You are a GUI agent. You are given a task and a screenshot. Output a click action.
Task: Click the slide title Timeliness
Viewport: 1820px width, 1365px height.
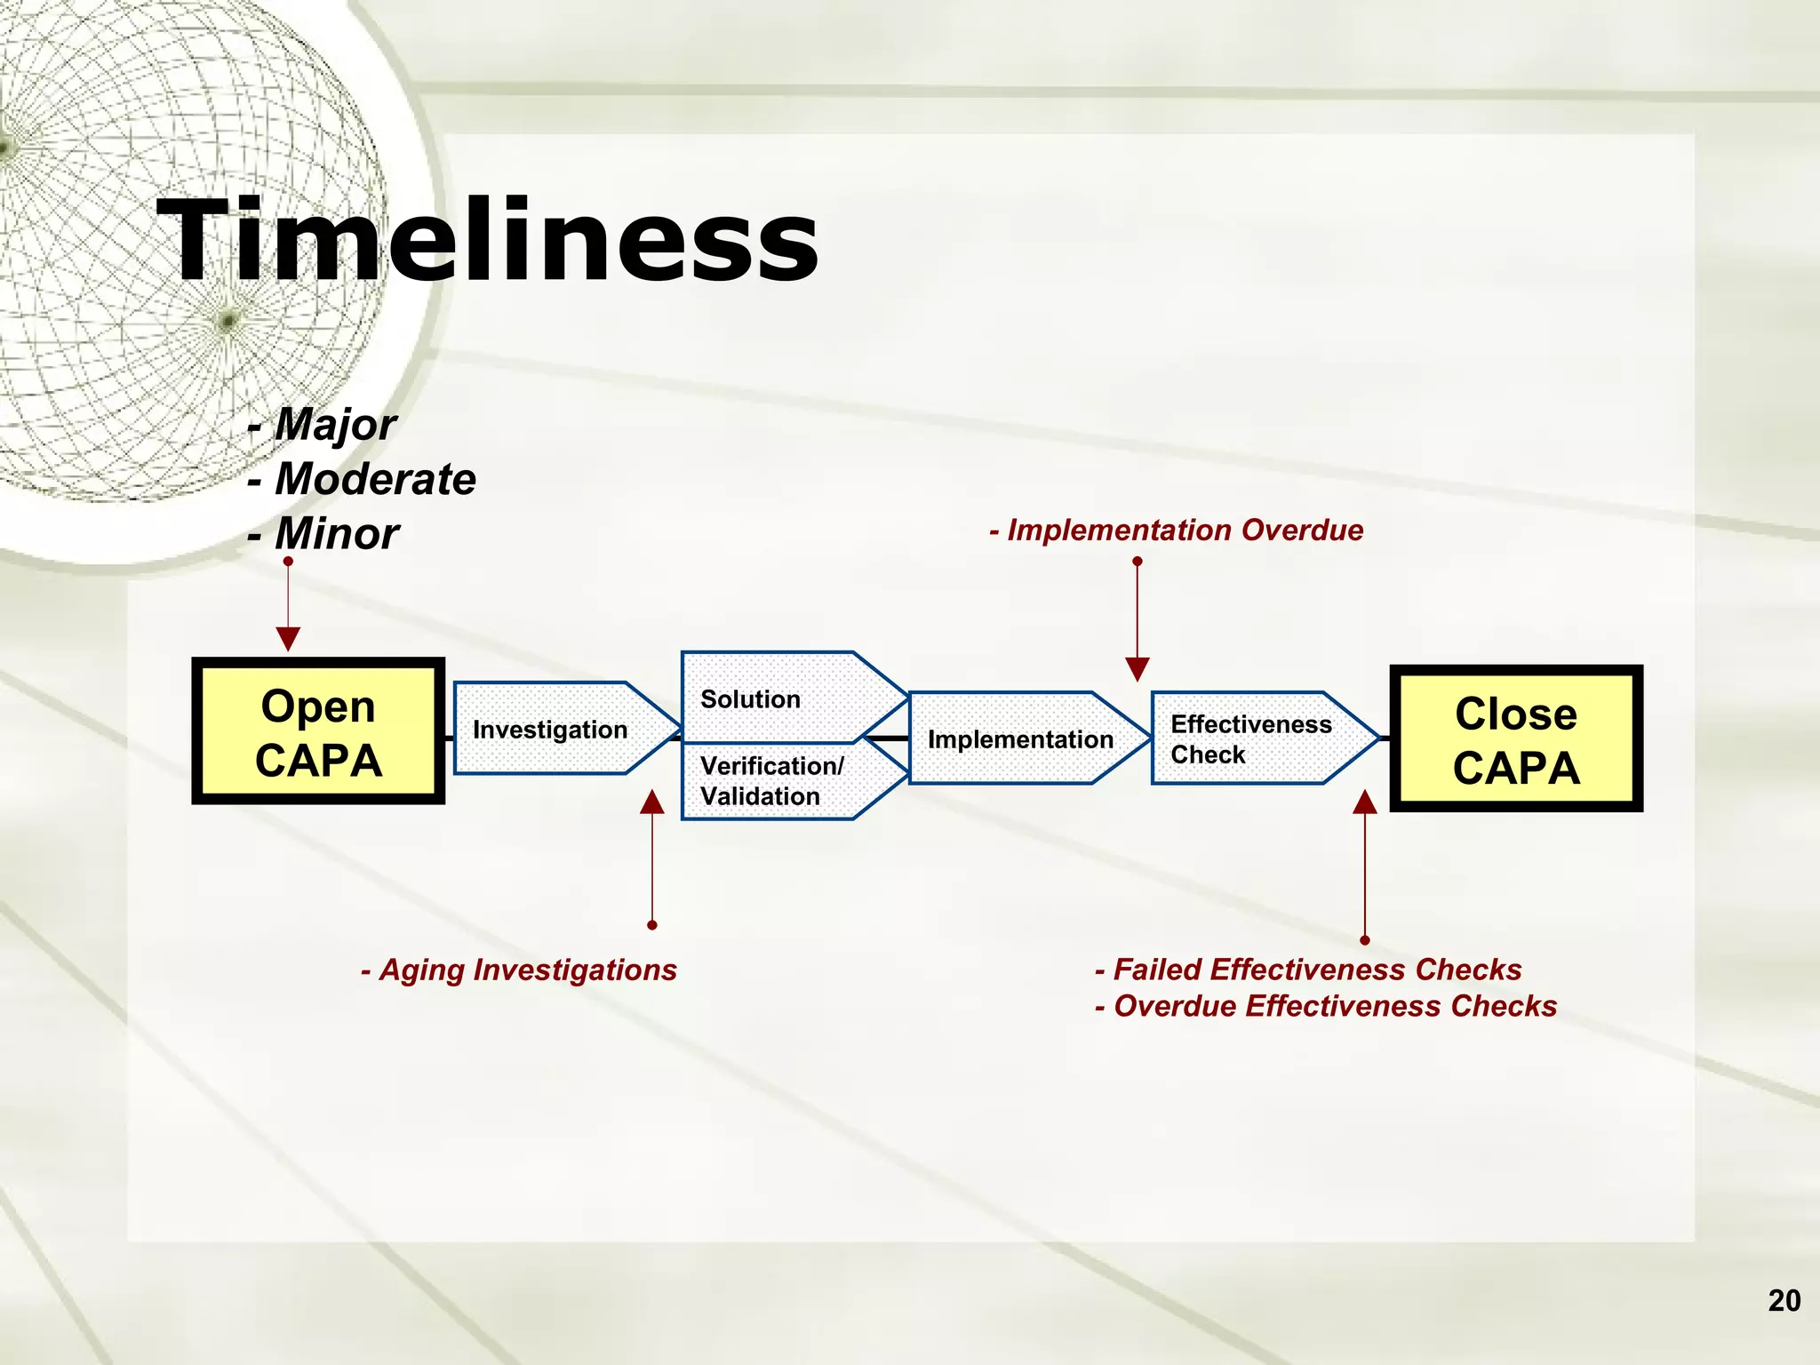pyautogui.click(x=487, y=242)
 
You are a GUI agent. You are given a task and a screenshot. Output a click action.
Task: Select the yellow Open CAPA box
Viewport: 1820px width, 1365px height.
pyautogui.click(x=318, y=731)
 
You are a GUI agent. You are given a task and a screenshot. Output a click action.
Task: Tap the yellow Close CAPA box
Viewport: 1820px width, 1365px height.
pyautogui.click(x=1516, y=738)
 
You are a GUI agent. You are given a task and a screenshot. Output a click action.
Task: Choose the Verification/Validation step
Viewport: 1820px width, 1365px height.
pyautogui.click(x=771, y=781)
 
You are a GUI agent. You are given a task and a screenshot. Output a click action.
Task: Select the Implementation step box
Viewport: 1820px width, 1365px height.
pyautogui.click(x=1020, y=738)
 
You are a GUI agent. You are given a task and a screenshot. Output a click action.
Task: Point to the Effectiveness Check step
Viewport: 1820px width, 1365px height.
pyautogui.click(x=1251, y=738)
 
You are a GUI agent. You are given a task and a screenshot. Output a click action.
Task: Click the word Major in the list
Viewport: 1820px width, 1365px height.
pyautogui.click(x=335, y=424)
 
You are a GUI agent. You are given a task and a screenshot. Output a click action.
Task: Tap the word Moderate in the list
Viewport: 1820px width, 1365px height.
pyautogui.click(x=374, y=479)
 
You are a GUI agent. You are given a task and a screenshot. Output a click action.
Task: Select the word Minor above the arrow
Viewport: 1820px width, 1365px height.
pyautogui.click(x=336, y=534)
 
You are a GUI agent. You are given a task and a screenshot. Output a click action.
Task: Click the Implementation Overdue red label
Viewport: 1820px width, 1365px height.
pyautogui.click(x=1177, y=530)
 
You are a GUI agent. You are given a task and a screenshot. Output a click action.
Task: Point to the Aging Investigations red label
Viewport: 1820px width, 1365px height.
pyautogui.click(x=519, y=970)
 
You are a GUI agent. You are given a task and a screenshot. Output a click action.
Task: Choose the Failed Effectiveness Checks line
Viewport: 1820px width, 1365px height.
pyautogui.click(x=1308, y=969)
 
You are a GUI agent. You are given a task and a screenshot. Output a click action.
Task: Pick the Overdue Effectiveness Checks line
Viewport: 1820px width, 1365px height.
pyautogui.click(x=1326, y=1006)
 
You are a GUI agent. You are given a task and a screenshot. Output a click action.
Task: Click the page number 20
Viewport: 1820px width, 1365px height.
pyautogui.click(x=1784, y=1300)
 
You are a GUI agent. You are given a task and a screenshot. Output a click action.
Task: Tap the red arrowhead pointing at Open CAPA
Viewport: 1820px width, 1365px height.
pyautogui.click(x=288, y=638)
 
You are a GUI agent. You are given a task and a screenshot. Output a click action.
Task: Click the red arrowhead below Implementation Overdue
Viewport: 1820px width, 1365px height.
pyautogui.click(x=1137, y=668)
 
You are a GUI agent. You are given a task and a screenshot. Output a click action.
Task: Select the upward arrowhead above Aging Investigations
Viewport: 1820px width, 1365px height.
pyautogui.click(x=652, y=802)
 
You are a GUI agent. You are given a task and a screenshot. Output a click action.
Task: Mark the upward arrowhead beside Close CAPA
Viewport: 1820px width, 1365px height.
pyautogui.click(x=1365, y=802)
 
